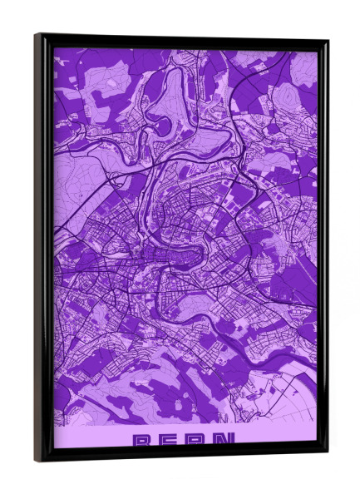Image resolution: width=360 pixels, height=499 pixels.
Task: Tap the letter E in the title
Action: (x=169, y=438)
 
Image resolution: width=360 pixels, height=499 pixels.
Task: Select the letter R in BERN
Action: (x=198, y=438)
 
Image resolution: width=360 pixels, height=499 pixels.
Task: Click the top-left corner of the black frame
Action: (x=36, y=34)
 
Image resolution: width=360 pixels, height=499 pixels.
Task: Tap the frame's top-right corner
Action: (x=327, y=40)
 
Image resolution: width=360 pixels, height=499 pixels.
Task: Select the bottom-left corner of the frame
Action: (x=37, y=460)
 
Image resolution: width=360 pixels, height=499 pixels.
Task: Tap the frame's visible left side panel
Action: (x=41, y=249)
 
